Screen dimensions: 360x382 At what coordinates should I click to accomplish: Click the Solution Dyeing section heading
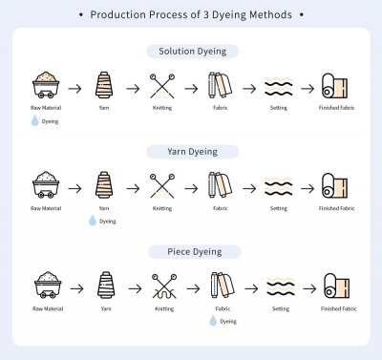(192, 51)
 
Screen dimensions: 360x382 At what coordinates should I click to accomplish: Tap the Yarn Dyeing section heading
(192, 151)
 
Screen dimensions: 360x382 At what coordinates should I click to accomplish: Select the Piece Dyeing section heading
(192, 251)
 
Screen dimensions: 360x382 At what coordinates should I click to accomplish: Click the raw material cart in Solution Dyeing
(45, 85)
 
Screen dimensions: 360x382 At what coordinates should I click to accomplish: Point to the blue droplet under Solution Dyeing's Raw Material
(35, 121)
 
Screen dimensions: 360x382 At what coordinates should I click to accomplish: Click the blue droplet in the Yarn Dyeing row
(93, 221)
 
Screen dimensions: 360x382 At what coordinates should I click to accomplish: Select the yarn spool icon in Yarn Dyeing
(103, 184)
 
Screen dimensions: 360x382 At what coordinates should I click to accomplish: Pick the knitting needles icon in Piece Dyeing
(162, 286)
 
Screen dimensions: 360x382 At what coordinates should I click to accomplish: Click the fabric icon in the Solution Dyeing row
(221, 86)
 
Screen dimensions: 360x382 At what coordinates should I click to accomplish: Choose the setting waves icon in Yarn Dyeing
(278, 185)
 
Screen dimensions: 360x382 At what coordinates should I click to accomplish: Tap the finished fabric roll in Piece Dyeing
(334, 286)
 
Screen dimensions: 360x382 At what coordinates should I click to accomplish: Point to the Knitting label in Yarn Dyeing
(162, 208)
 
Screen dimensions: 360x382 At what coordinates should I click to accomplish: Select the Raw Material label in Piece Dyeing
(45, 308)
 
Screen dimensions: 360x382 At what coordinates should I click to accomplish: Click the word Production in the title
(119, 15)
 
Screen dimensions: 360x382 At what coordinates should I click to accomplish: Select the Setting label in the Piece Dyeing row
(278, 308)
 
